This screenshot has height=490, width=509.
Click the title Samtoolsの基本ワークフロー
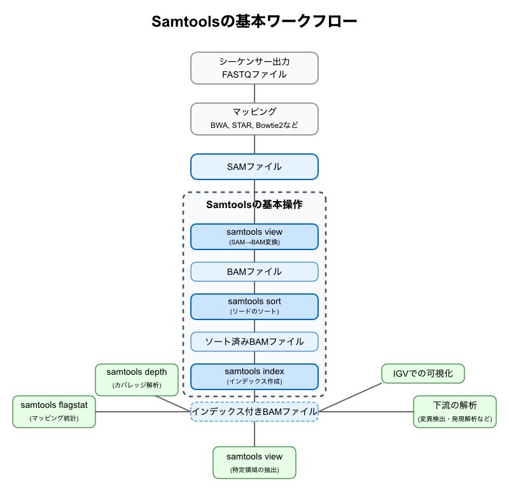pyautogui.click(x=254, y=22)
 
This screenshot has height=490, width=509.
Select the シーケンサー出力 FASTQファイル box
pyautogui.click(x=254, y=68)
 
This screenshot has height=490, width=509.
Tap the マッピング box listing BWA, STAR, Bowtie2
pyautogui.click(x=254, y=118)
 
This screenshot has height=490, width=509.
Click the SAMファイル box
pyautogui.click(x=254, y=167)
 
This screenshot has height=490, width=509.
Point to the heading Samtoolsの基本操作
pyautogui.click(x=254, y=205)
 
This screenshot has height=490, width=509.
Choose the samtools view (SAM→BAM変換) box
pyautogui.click(x=254, y=236)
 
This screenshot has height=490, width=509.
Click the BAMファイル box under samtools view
pyautogui.click(x=254, y=272)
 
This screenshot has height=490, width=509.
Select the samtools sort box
pyautogui.click(x=254, y=306)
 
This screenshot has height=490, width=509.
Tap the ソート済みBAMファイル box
pyautogui.click(x=254, y=342)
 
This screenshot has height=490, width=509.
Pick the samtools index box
pyautogui.click(x=254, y=376)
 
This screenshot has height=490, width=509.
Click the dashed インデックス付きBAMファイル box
pyautogui.click(x=254, y=412)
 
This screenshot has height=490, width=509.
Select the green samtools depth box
pyautogui.click(x=137, y=379)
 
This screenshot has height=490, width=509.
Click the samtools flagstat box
pyautogui.click(x=53, y=411)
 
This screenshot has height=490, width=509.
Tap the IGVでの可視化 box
pyautogui.click(x=423, y=374)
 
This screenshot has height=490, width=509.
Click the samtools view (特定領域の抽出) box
pyautogui.click(x=254, y=463)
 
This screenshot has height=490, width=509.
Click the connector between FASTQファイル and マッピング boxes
pyautogui.click(x=254, y=94)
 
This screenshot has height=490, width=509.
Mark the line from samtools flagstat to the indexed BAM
pyautogui.click(x=143, y=412)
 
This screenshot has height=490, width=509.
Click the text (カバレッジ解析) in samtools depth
pyautogui.click(x=137, y=386)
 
